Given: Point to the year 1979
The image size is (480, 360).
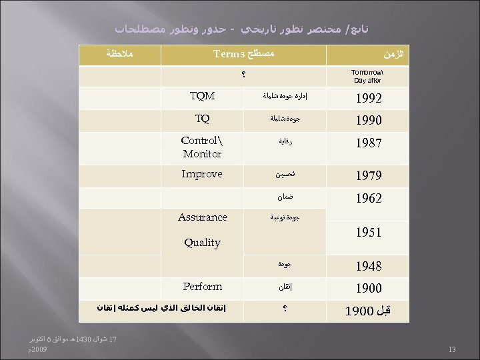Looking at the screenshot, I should click(x=368, y=176).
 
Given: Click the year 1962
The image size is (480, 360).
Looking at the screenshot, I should click(x=368, y=199).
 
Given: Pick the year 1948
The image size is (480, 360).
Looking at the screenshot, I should click(x=368, y=266).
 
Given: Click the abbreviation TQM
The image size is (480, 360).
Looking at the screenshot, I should click(x=202, y=96).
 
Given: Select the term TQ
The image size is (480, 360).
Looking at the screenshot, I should click(x=202, y=119).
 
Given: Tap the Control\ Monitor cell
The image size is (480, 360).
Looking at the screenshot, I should click(x=202, y=147).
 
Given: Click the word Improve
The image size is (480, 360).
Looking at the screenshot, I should click(x=202, y=173).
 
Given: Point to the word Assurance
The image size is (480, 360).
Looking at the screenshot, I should click(x=202, y=217).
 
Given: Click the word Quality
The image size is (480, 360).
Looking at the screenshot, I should click(x=202, y=243).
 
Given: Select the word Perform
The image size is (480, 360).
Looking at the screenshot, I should click(x=202, y=286).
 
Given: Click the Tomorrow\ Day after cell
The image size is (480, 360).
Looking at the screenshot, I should click(x=365, y=75).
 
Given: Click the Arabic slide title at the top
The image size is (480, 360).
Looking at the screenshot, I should click(x=241, y=29).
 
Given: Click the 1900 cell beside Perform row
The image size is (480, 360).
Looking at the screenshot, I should click(x=368, y=289).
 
